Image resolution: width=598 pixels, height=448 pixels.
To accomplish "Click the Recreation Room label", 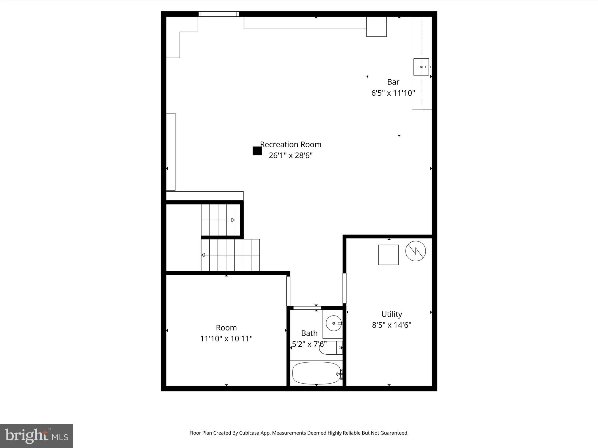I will (x=291, y=144).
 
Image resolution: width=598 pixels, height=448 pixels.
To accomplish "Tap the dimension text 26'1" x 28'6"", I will (x=291, y=155).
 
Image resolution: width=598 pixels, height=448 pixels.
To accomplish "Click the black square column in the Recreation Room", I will (x=257, y=151).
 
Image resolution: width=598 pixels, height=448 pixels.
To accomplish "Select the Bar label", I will (x=393, y=82).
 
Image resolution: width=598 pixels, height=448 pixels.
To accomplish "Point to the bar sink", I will (x=421, y=67).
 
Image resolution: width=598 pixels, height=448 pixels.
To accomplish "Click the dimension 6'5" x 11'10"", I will (x=393, y=93).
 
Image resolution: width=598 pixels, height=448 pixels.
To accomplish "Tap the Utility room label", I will (x=392, y=314).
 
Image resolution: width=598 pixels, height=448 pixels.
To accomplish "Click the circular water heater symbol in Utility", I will (x=416, y=251).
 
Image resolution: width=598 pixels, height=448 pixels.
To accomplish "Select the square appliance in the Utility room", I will (x=388, y=255).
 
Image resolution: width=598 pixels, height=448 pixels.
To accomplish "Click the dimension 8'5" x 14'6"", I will (x=392, y=325).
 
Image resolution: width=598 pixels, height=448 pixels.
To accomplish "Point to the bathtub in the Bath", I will (x=316, y=373).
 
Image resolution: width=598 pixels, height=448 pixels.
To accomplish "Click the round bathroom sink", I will (x=333, y=323).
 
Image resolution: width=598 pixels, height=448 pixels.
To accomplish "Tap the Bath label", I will (x=309, y=333).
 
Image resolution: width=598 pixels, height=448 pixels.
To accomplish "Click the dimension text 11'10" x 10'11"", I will (x=226, y=339).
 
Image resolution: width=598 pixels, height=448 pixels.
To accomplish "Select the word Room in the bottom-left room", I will (x=226, y=328).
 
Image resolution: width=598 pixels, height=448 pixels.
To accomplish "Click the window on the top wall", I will (x=219, y=14).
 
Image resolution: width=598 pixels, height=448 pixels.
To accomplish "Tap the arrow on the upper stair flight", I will (x=233, y=220).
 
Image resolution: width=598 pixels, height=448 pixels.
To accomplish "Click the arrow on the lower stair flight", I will (x=203, y=255).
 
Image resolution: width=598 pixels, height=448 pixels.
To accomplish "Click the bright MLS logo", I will (x=36, y=436).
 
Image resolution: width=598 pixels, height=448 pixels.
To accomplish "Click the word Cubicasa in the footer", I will (x=250, y=433).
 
